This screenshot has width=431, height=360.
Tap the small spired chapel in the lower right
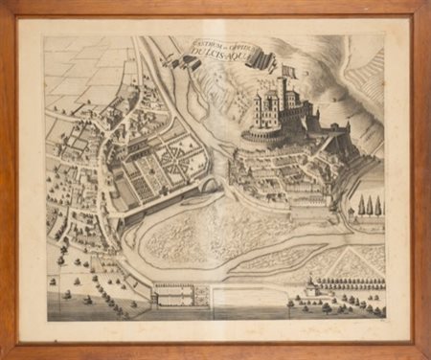pyautogui.click(x=309, y=284)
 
